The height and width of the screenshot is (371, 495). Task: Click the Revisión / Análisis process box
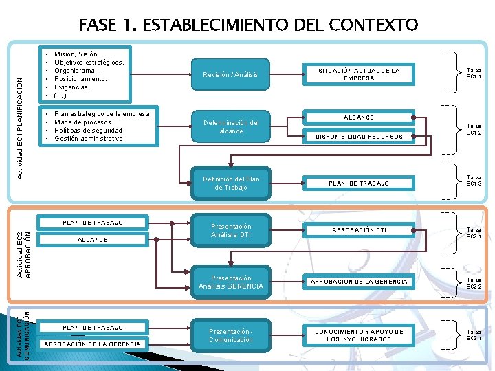pos(231,74)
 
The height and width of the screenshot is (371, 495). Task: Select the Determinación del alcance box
pos(231,126)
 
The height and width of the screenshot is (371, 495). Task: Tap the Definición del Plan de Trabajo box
pos(231,183)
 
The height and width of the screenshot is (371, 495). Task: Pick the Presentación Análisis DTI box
pos(231,230)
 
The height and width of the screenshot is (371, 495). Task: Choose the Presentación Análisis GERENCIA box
pos(231,282)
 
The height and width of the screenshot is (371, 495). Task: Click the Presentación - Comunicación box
pos(231,335)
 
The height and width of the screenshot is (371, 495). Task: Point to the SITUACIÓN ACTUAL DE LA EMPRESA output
pos(359,74)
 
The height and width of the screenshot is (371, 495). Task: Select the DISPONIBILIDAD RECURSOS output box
pos(359,137)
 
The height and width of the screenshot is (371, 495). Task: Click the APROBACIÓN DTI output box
pos(359,230)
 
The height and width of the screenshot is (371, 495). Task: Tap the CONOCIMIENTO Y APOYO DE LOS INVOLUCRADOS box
pos(359,335)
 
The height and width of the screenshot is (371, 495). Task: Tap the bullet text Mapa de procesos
pos(83,122)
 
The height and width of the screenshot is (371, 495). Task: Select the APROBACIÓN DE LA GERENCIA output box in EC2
pos(359,282)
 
